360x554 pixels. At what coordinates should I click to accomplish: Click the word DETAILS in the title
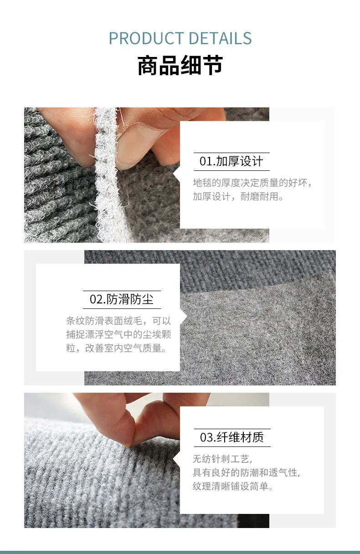click(x=220, y=38)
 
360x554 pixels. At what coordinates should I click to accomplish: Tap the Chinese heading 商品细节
click(x=180, y=65)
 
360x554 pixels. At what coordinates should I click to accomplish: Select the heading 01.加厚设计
click(x=231, y=161)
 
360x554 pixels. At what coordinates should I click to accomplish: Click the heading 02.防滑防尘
click(x=122, y=299)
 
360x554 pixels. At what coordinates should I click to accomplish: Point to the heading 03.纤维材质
click(x=232, y=437)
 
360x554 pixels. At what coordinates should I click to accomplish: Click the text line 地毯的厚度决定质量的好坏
click(x=252, y=183)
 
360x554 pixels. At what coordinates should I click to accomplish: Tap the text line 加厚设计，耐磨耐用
click(x=238, y=197)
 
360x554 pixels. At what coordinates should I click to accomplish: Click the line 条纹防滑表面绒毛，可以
click(x=118, y=321)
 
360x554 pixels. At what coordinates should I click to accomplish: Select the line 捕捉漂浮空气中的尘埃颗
click(x=118, y=334)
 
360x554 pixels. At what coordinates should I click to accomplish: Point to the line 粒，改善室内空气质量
click(x=116, y=348)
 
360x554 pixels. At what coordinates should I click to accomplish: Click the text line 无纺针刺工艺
click(x=222, y=459)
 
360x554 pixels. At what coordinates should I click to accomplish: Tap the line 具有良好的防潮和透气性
click(x=247, y=472)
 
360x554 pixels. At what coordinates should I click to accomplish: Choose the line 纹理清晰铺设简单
click(x=233, y=487)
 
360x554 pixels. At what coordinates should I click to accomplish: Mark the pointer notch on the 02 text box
click(x=184, y=317)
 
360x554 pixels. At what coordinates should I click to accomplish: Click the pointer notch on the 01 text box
click(x=176, y=174)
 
